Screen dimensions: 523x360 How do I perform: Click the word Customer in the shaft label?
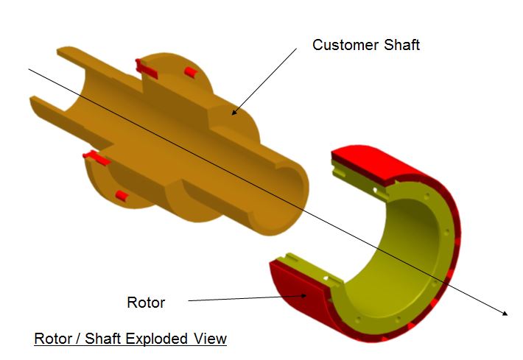345,45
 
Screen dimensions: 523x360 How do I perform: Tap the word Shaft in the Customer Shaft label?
401,45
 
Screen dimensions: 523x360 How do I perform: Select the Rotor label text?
146,303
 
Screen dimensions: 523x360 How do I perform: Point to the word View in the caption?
211,339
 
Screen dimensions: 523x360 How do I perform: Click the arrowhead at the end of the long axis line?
505,313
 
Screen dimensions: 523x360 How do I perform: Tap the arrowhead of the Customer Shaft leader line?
234,112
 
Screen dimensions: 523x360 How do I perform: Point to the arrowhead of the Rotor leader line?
303,295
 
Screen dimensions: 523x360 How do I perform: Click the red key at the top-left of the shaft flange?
146,68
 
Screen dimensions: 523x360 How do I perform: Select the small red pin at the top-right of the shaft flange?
191,72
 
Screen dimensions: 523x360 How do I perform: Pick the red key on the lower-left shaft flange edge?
97,158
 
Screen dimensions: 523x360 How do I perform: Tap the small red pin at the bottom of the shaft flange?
122,196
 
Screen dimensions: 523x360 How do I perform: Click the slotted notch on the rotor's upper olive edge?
340,171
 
